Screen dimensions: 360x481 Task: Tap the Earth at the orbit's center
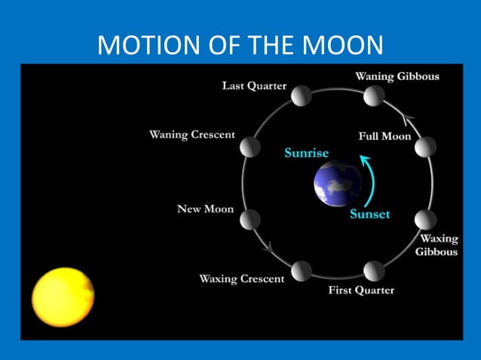click(x=337, y=184)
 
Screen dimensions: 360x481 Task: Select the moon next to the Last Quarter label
click(x=302, y=96)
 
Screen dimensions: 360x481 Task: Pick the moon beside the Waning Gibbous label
click(x=373, y=96)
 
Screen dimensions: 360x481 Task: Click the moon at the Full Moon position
click(x=425, y=147)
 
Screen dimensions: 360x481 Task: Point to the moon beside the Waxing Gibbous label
click(x=426, y=219)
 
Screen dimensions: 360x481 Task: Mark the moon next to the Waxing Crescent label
click(x=302, y=270)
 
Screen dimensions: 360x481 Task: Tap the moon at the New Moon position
click(x=250, y=219)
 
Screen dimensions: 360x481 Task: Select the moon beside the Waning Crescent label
click(x=250, y=147)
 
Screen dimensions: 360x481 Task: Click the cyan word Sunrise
click(x=306, y=153)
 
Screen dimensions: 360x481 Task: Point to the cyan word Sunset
click(x=369, y=214)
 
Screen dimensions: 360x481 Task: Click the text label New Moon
click(x=205, y=209)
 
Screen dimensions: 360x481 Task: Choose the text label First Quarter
click(x=361, y=290)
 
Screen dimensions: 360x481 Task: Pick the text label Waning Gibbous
click(x=397, y=76)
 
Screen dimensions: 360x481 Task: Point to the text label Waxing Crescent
click(x=241, y=279)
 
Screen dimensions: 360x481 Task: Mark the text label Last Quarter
click(x=254, y=86)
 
